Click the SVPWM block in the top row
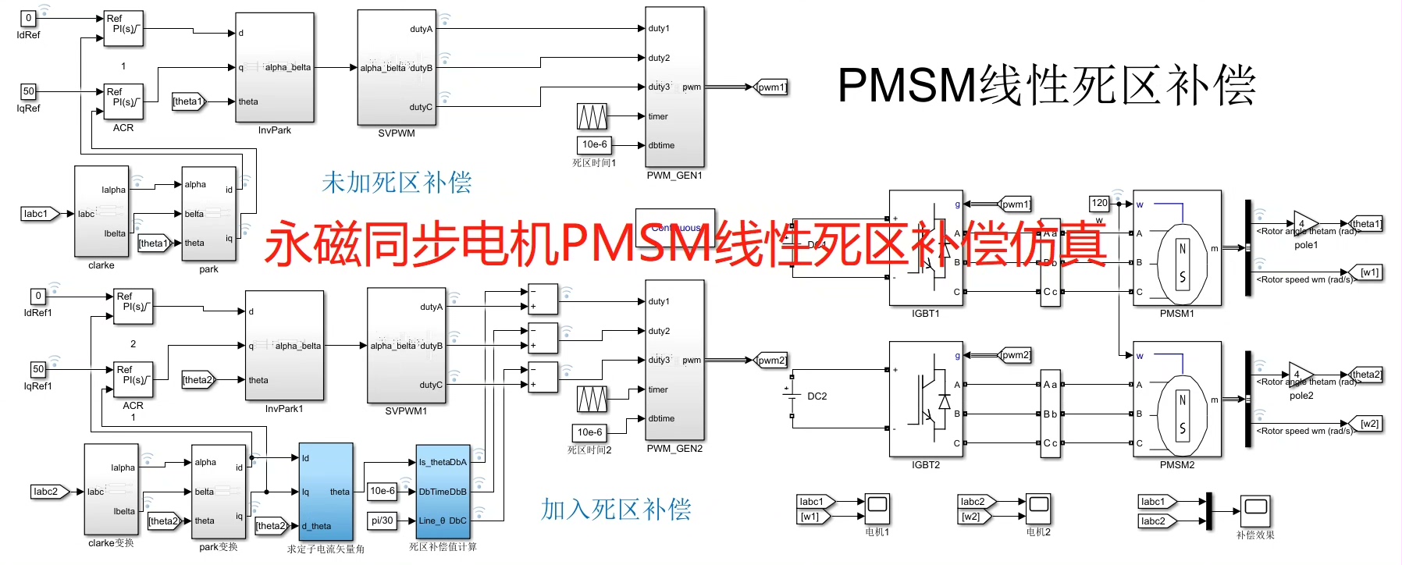coord(396,67)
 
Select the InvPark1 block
coord(284,346)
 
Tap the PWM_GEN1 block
coord(674,86)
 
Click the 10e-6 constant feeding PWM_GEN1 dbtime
coord(594,144)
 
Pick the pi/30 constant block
coord(382,521)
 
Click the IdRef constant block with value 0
coord(28,18)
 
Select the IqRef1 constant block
coord(38,369)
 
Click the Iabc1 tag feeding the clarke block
coord(38,214)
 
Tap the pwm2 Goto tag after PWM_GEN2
coord(771,360)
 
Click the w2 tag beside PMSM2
coord(1369,424)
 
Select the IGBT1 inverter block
coord(926,248)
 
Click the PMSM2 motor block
coord(1176,400)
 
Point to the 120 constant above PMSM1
coord(1099,203)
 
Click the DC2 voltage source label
coord(817,396)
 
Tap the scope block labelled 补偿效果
coord(1255,509)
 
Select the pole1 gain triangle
coord(1304,223)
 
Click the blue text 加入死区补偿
coord(616,510)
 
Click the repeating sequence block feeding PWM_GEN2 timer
coord(592,399)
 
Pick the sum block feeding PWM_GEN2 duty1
coord(543,299)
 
